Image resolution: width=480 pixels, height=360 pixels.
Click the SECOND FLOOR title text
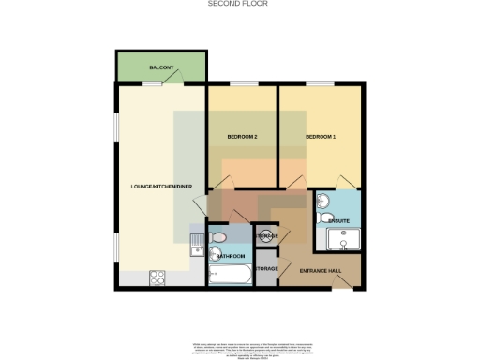pos(239,4)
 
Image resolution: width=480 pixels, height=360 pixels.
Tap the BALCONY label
pos(161,68)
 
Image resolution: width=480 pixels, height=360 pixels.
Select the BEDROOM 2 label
pos(242,137)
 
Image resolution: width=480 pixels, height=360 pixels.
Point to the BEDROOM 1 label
pos(320,137)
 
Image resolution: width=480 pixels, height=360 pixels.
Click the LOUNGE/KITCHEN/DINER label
pos(161,187)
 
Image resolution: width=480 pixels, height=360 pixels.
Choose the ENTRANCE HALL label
pos(319,271)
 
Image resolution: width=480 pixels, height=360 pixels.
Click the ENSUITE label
pos(338,220)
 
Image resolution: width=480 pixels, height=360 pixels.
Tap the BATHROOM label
pos(231,255)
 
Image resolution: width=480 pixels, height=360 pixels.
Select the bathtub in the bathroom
pos(230,276)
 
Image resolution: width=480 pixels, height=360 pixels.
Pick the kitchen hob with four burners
pos(157,277)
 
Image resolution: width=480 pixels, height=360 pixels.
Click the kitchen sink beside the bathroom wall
pos(197,247)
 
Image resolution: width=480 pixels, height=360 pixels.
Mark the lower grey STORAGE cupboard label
pos(266,269)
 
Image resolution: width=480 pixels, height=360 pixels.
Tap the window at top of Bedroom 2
pos(242,83)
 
